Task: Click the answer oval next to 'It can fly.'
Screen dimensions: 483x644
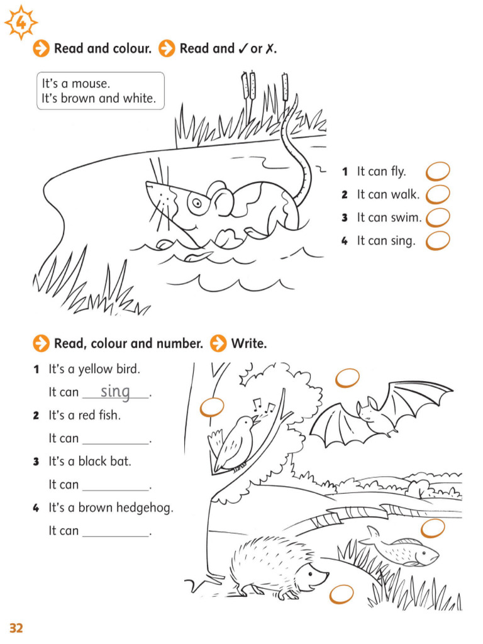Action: pos(438,171)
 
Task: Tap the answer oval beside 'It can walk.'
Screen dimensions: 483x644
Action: pos(438,194)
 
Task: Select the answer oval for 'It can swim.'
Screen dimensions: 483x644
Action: pos(438,217)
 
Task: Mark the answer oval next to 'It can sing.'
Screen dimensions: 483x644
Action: pos(438,241)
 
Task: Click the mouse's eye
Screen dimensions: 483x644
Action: pos(197,203)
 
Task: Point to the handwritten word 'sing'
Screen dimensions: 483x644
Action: pos(116,391)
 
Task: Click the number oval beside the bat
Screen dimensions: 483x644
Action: pos(347,378)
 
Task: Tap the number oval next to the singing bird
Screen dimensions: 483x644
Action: pos(212,408)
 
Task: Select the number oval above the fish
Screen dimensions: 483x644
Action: pos(433,528)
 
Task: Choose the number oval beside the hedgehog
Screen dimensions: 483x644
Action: pos(341,594)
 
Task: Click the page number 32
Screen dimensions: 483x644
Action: pos(16,628)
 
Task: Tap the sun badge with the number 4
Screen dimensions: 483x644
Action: pos(21,23)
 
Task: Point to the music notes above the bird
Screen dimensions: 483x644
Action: pos(264,406)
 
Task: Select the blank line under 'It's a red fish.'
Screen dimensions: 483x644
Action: pos(116,444)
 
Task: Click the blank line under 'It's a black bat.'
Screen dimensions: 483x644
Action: pos(116,490)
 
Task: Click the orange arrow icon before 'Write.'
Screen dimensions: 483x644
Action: pos(218,343)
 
